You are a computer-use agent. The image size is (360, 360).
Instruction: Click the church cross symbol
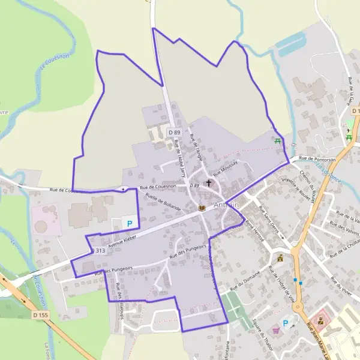click(x=209, y=182)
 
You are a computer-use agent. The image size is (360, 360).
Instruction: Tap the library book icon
click(x=202, y=208)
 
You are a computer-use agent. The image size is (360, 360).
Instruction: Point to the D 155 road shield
click(x=40, y=314)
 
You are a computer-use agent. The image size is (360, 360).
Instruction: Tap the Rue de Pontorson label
click(x=316, y=158)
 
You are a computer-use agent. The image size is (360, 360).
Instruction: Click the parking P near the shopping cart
click(x=286, y=323)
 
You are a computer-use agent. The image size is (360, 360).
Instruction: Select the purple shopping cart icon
click(x=275, y=329)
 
